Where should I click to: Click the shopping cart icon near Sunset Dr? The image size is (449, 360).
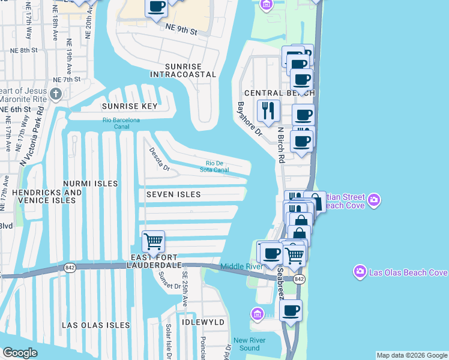(x=153, y=242)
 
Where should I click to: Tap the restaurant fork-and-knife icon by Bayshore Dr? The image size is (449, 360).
(x=268, y=110)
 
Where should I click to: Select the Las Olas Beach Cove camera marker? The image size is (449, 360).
(x=360, y=271)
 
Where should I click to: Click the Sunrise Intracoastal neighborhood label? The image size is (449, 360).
(x=183, y=70)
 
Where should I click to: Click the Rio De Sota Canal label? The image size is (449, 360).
(x=214, y=166)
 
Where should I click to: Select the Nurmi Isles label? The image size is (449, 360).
(x=91, y=183)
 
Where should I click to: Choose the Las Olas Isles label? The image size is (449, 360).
(x=96, y=325)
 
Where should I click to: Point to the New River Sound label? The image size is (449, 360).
(x=246, y=344)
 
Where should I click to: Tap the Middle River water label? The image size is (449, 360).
(x=241, y=266)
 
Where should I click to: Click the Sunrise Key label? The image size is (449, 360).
(x=129, y=106)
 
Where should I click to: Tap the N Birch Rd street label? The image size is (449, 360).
(x=280, y=144)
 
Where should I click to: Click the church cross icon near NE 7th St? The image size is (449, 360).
(x=56, y=94)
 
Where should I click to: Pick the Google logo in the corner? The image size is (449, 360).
(x=20, y=353)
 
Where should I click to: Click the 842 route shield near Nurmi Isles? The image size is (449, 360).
(x=71, y=268)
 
